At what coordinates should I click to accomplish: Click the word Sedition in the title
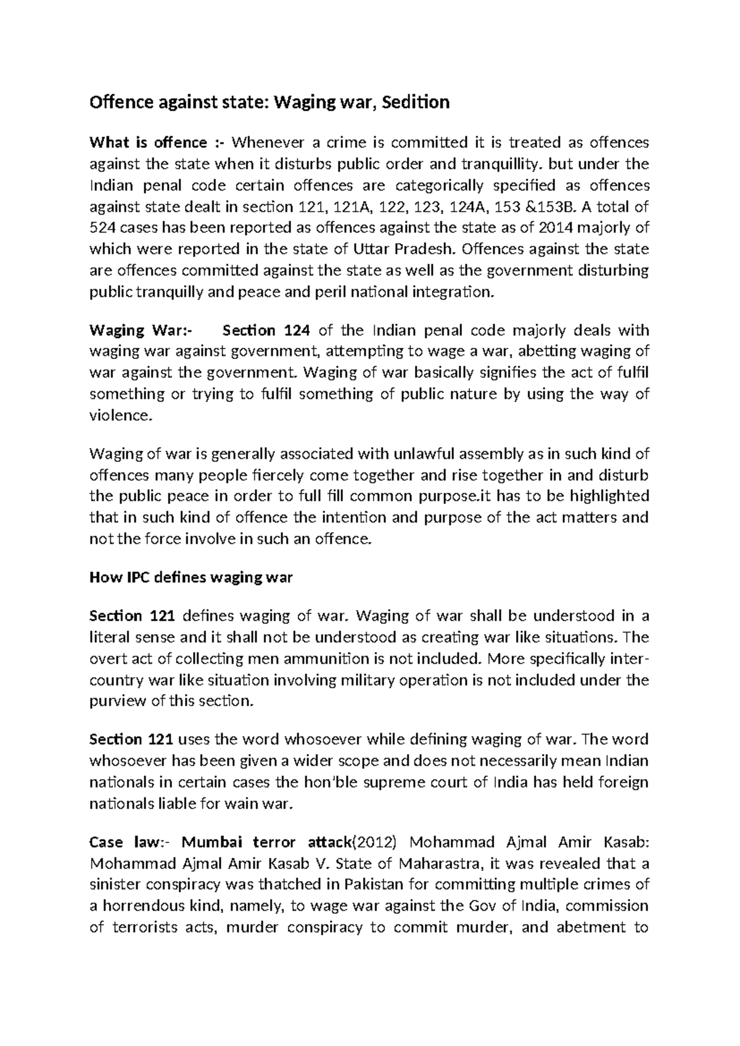[415, 102]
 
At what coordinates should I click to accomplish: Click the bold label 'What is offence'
[148, 143]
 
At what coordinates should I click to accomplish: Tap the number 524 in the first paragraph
[102, 228]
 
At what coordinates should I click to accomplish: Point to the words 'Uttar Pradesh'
[406, 249]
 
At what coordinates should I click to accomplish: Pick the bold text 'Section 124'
[266, 331]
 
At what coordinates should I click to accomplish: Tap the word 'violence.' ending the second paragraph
[120, 416]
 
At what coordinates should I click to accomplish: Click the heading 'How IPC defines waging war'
[191, 578]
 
